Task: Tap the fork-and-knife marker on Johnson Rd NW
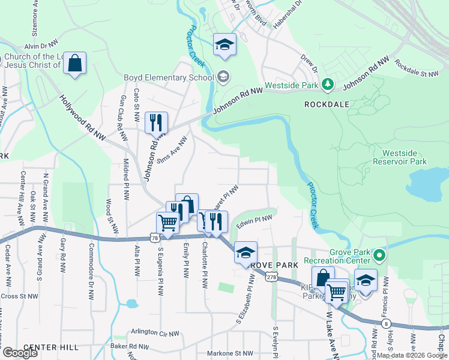pyautogui.click(x=156, y=123)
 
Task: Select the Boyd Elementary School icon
pyautogui.click(x=223, y=76)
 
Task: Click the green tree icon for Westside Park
pyautogui.click(x=328, y=85)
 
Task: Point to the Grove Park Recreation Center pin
pyautogui.click(x=379, y=256)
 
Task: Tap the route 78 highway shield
pyautogui.click(x=155, y=238)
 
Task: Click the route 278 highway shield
pyautogui.click(x=271, y=277)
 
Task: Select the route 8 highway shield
pyautogui.click(x=384, y=323)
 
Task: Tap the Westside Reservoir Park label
pyautogui.click(x=400, y=157)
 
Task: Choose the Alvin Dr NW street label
pyautogui.click(x=40, y=46)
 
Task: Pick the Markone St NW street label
pyautogui.click(x=231, y=353)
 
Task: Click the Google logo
pyautogui.click(x=19, y=353)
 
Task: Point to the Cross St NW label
pyautogui.click(x=19, y=296)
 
